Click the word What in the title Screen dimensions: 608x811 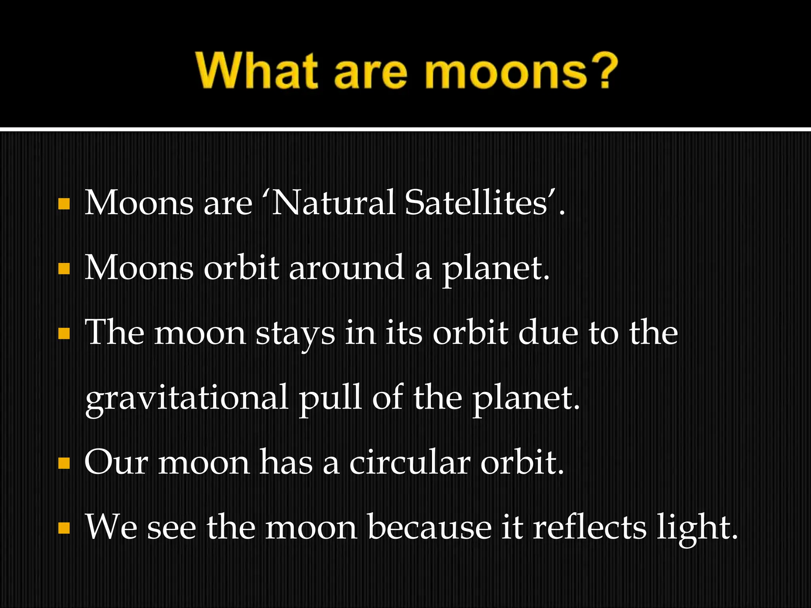[257, 71]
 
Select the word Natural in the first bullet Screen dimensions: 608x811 [333, 203]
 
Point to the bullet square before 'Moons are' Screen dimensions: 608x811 [64, 204]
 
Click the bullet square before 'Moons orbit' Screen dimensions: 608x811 [64, 269]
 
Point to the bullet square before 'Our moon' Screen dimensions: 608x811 [64, 463]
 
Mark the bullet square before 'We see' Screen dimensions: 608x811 [64, 528]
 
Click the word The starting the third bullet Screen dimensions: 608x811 [115, 333]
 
